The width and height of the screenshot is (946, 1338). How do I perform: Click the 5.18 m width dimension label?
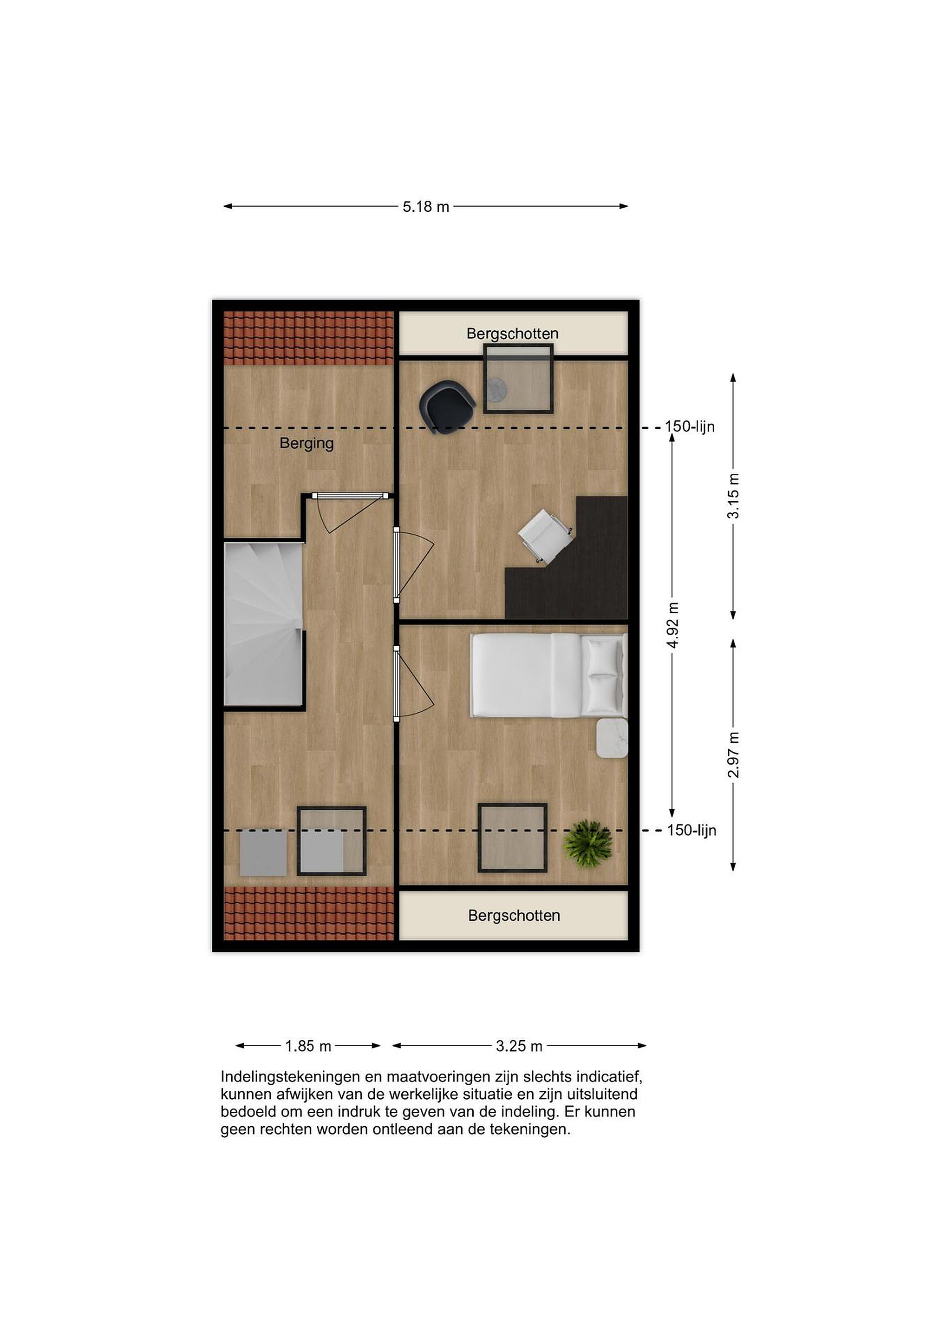[426, 206]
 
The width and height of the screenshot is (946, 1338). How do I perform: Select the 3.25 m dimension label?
[519, 1046]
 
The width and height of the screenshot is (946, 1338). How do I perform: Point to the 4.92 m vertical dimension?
[673, 625]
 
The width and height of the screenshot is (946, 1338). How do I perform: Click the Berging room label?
[307, 444]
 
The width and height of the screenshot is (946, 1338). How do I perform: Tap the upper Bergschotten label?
[513, 334]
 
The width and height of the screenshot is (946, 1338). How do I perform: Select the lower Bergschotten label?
[514, 916]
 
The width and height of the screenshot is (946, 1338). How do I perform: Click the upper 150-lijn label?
[690, 426]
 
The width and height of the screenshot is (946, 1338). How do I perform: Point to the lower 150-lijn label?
[692, 830]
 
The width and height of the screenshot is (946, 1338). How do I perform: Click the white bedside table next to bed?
[612, 738]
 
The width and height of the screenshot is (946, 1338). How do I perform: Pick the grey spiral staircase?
[264, 624]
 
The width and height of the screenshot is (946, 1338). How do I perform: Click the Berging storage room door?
[350, 513]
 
